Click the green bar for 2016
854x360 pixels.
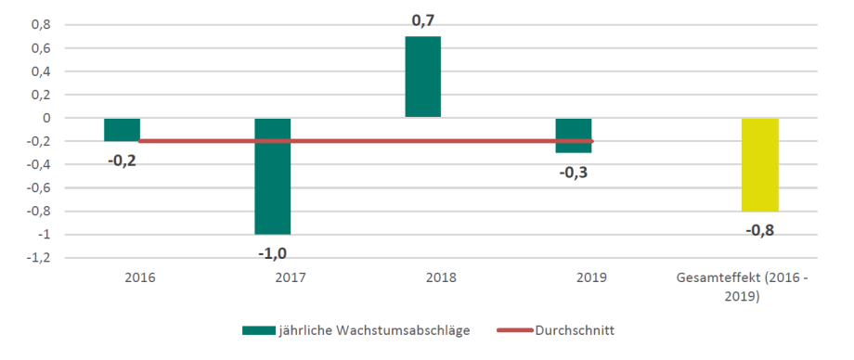click(x=122, y=129)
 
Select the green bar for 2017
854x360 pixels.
click(x=273, y=175)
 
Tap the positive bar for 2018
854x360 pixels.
click(x=423, y=77)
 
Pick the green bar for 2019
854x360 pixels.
click(x=574, y=135)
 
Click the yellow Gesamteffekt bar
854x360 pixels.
click(x=760, y=164)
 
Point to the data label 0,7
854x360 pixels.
click(x=423, y=19)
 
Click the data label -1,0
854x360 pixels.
click(x=272, y=251)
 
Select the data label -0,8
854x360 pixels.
click(x=759, y=228)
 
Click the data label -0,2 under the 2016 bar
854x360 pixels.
click(x=122, y=160)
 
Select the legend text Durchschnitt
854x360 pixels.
click(x=576, y=329)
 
